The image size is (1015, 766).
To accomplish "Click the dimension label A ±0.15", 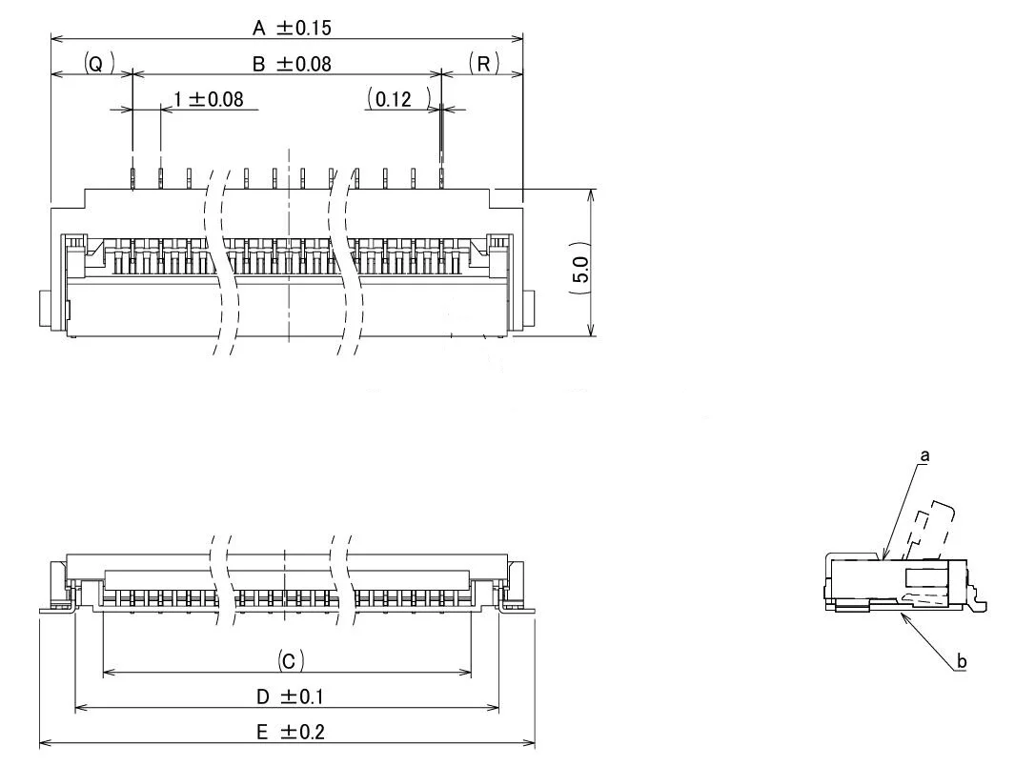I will coord(293,29).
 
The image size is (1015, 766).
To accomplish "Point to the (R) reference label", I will coord(483,64).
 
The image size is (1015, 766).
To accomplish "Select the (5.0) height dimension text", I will coord(581,277).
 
